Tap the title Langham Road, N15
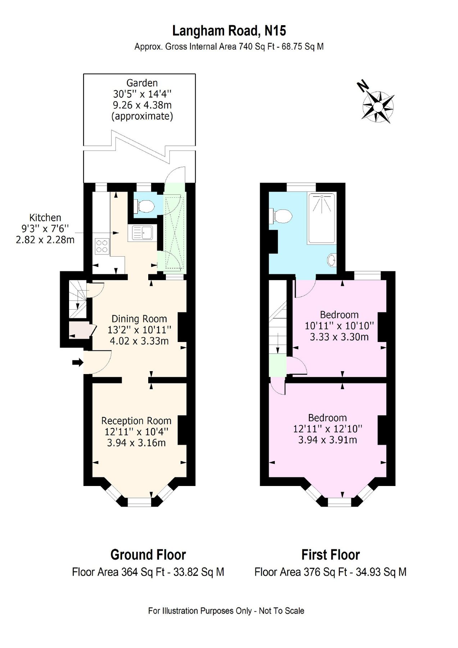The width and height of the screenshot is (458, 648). (x=229, y=31)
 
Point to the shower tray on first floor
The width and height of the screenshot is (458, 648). (x=322, y=218)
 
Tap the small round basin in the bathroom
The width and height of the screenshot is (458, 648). (x=332, y=260)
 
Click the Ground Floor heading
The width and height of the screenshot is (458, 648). (x=148, y=555)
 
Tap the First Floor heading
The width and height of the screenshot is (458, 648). (x=330, y=555)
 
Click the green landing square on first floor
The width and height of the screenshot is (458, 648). (x=277, y=365)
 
